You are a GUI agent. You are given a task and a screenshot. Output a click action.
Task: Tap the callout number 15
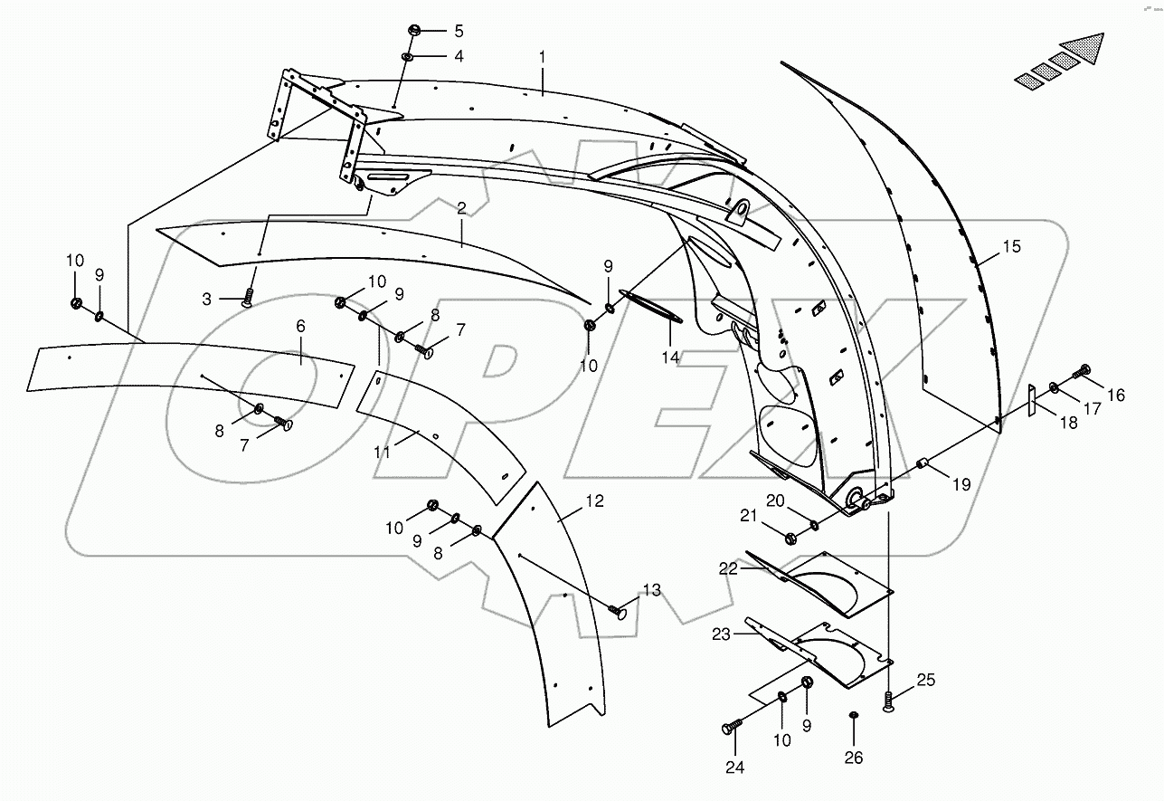coord(1011,246)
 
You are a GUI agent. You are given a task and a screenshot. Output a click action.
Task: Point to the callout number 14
coord(669,358)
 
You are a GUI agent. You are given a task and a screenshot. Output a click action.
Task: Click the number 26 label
coord(855,758)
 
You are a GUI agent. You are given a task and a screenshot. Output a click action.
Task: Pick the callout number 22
coord(729,568)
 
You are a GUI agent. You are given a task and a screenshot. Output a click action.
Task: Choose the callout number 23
coord(721,634)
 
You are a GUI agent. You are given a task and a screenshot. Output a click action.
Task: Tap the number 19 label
coord(961,484)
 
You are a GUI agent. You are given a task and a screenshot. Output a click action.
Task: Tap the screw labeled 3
coord(247,300)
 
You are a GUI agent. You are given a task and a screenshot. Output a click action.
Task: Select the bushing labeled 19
coord(924,464)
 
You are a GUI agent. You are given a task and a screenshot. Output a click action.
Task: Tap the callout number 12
coord(593,501)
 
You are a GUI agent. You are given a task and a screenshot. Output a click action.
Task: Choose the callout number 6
coord(300,325)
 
